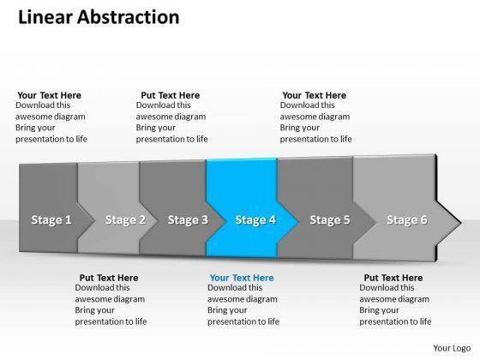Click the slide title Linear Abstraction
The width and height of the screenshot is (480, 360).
(x=99, y=17)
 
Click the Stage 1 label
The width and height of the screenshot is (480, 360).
(x=51, y=219)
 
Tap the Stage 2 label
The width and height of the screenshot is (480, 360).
(x=125, y=219)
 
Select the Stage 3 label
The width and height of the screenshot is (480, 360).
(x=188, y=219)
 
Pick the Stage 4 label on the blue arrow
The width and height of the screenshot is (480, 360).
(x=255, y=219)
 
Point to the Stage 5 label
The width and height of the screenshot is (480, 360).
(x=330, y=219)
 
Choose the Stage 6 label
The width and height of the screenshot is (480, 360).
(x=407, y=219)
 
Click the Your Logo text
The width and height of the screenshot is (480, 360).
(x=452, y=348)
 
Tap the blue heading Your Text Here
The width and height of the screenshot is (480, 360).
(x=242, y=278)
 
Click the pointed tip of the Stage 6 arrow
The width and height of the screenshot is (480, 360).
(x=460, y=223)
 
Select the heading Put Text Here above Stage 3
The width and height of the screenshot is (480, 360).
(x=171, y=95)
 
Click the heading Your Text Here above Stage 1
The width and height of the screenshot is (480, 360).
(x=50, y=95)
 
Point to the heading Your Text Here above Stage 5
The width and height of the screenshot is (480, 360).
(x=314, y=95)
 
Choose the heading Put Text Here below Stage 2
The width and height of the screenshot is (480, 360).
(x=109, y=278)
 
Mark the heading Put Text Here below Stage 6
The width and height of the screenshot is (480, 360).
(x=393, y=278)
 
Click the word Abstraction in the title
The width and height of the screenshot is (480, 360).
(x=129, y=17)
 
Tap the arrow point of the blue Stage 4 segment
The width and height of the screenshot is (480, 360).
(x=298, y=222)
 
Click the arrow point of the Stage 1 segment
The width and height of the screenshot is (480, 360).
(x=94, y=220)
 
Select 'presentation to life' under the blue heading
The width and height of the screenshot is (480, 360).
(x=243, y=321)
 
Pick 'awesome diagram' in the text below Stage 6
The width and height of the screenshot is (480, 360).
(x=394, y=299)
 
